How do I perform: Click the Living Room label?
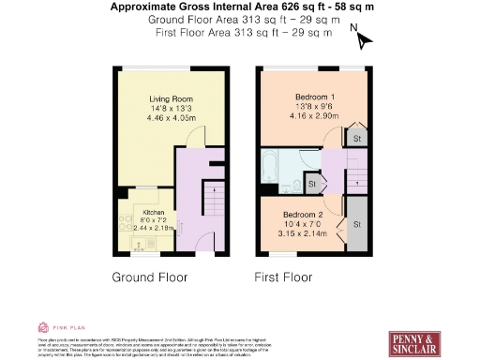click(x=169, y=97)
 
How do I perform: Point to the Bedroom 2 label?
click(x=303, y=214)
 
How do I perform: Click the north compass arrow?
click(x=364, y=39)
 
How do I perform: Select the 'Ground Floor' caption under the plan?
click(x=150, y=277)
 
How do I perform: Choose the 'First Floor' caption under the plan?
click(x=284, y=277)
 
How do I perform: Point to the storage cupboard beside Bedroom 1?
click(x=356, y=138)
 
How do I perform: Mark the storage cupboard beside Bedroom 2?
click(x=356, y=226)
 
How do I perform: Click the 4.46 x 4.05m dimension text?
click(x=169, y=119)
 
